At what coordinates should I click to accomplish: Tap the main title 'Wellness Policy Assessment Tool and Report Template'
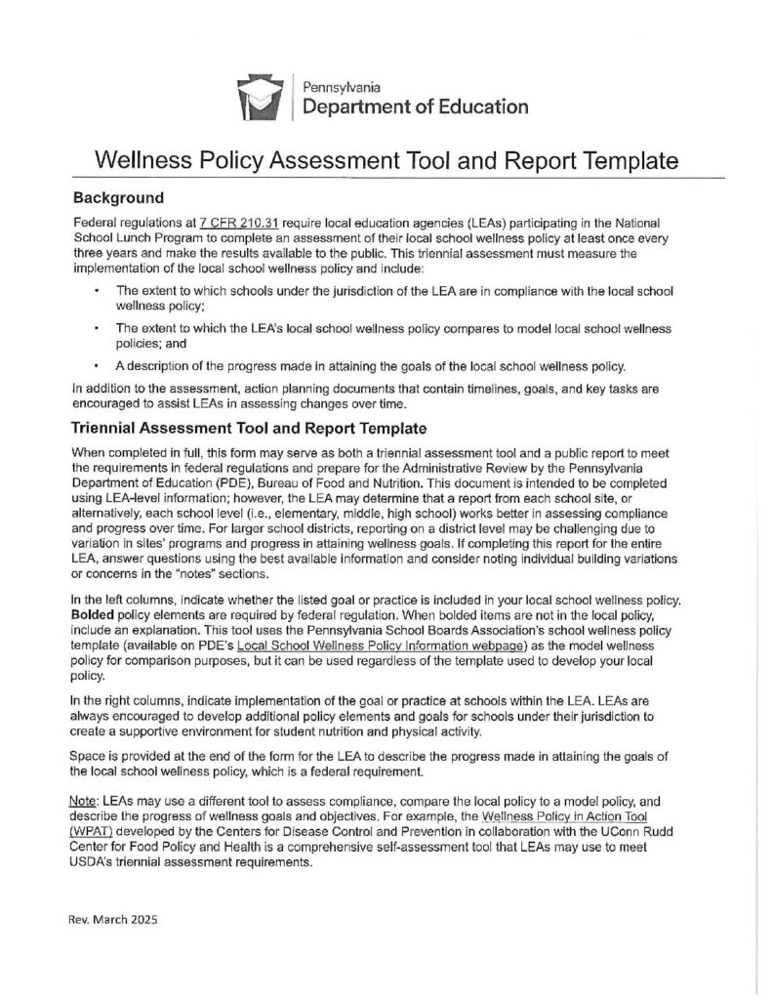pyautogui.click(x=386, y=160)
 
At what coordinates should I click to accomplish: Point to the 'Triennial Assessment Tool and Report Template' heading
pyautogui.click(x=247, y=428)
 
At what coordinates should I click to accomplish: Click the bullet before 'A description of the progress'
pyautogui.click(x=97, y=366)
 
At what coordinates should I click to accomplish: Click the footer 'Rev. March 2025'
pyautogui.click(x=114, y=920)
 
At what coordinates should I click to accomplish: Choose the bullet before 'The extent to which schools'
pyautogui.click(x=97, y=291)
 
